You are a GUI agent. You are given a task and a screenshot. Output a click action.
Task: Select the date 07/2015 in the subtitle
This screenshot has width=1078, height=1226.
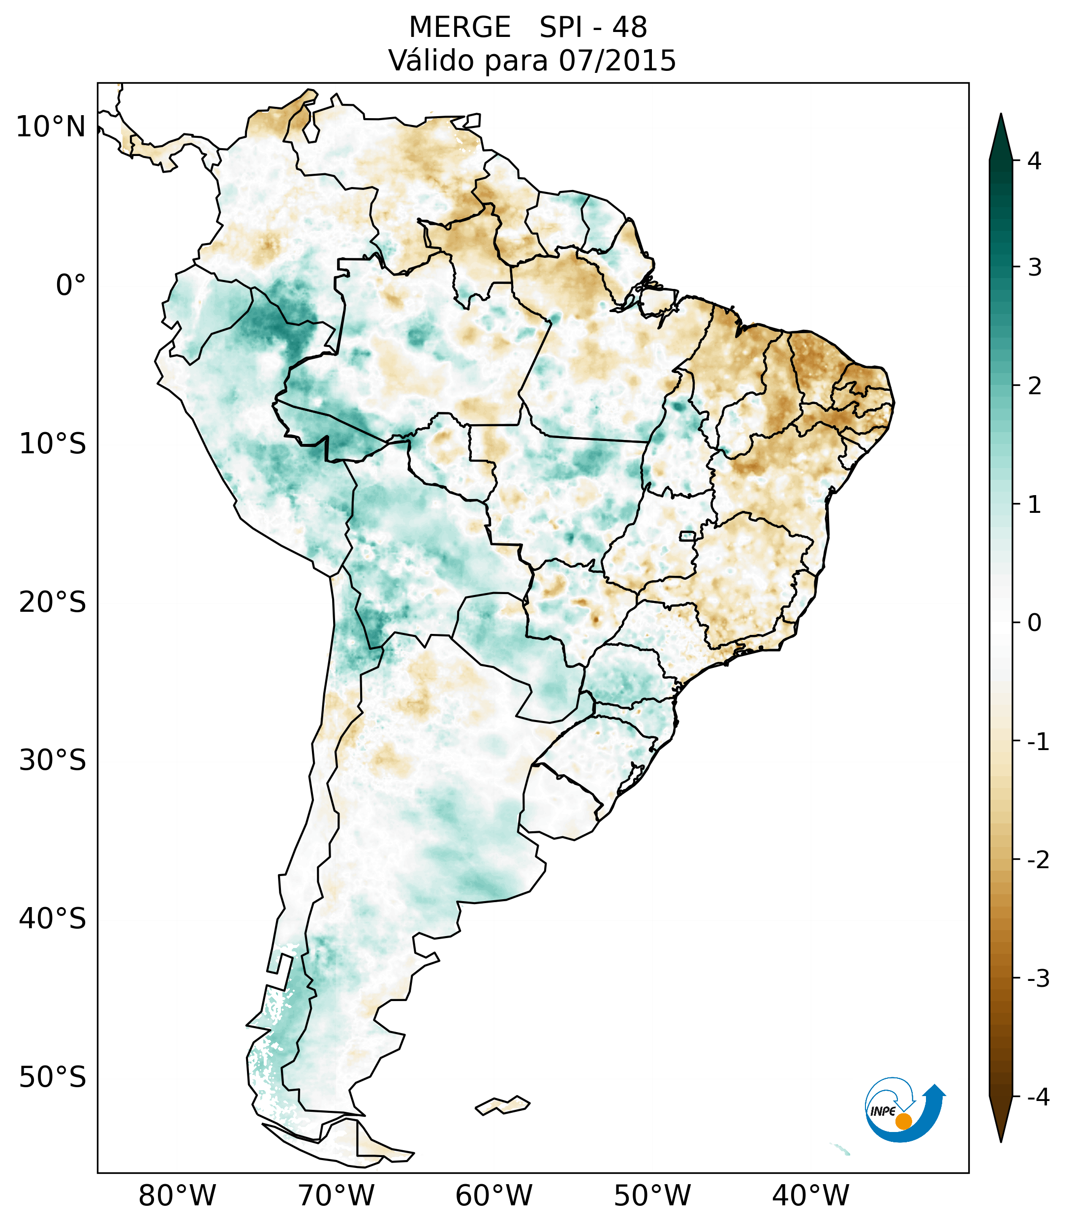(617, 61)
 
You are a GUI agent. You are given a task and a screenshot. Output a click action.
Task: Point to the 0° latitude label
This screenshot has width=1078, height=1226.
(71, 285)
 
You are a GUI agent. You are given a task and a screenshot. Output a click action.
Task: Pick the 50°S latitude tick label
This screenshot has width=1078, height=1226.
(53, 1078)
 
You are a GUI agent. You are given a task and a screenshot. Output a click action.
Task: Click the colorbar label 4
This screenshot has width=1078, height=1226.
(1034, 161)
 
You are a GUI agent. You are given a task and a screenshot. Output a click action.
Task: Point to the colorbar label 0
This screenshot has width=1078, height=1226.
(1034, 623)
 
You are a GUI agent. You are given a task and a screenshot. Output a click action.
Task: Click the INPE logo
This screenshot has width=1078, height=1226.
(905, 1110)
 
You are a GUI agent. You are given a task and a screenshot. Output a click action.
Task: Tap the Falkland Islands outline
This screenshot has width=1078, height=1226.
(502, 1105)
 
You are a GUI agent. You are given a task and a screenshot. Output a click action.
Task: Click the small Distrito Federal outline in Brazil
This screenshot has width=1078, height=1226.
(688, 535)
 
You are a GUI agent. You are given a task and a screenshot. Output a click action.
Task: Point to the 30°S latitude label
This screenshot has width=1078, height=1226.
(53, 760)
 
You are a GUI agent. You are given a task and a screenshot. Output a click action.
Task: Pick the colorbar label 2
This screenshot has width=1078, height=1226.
(1034, 386)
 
